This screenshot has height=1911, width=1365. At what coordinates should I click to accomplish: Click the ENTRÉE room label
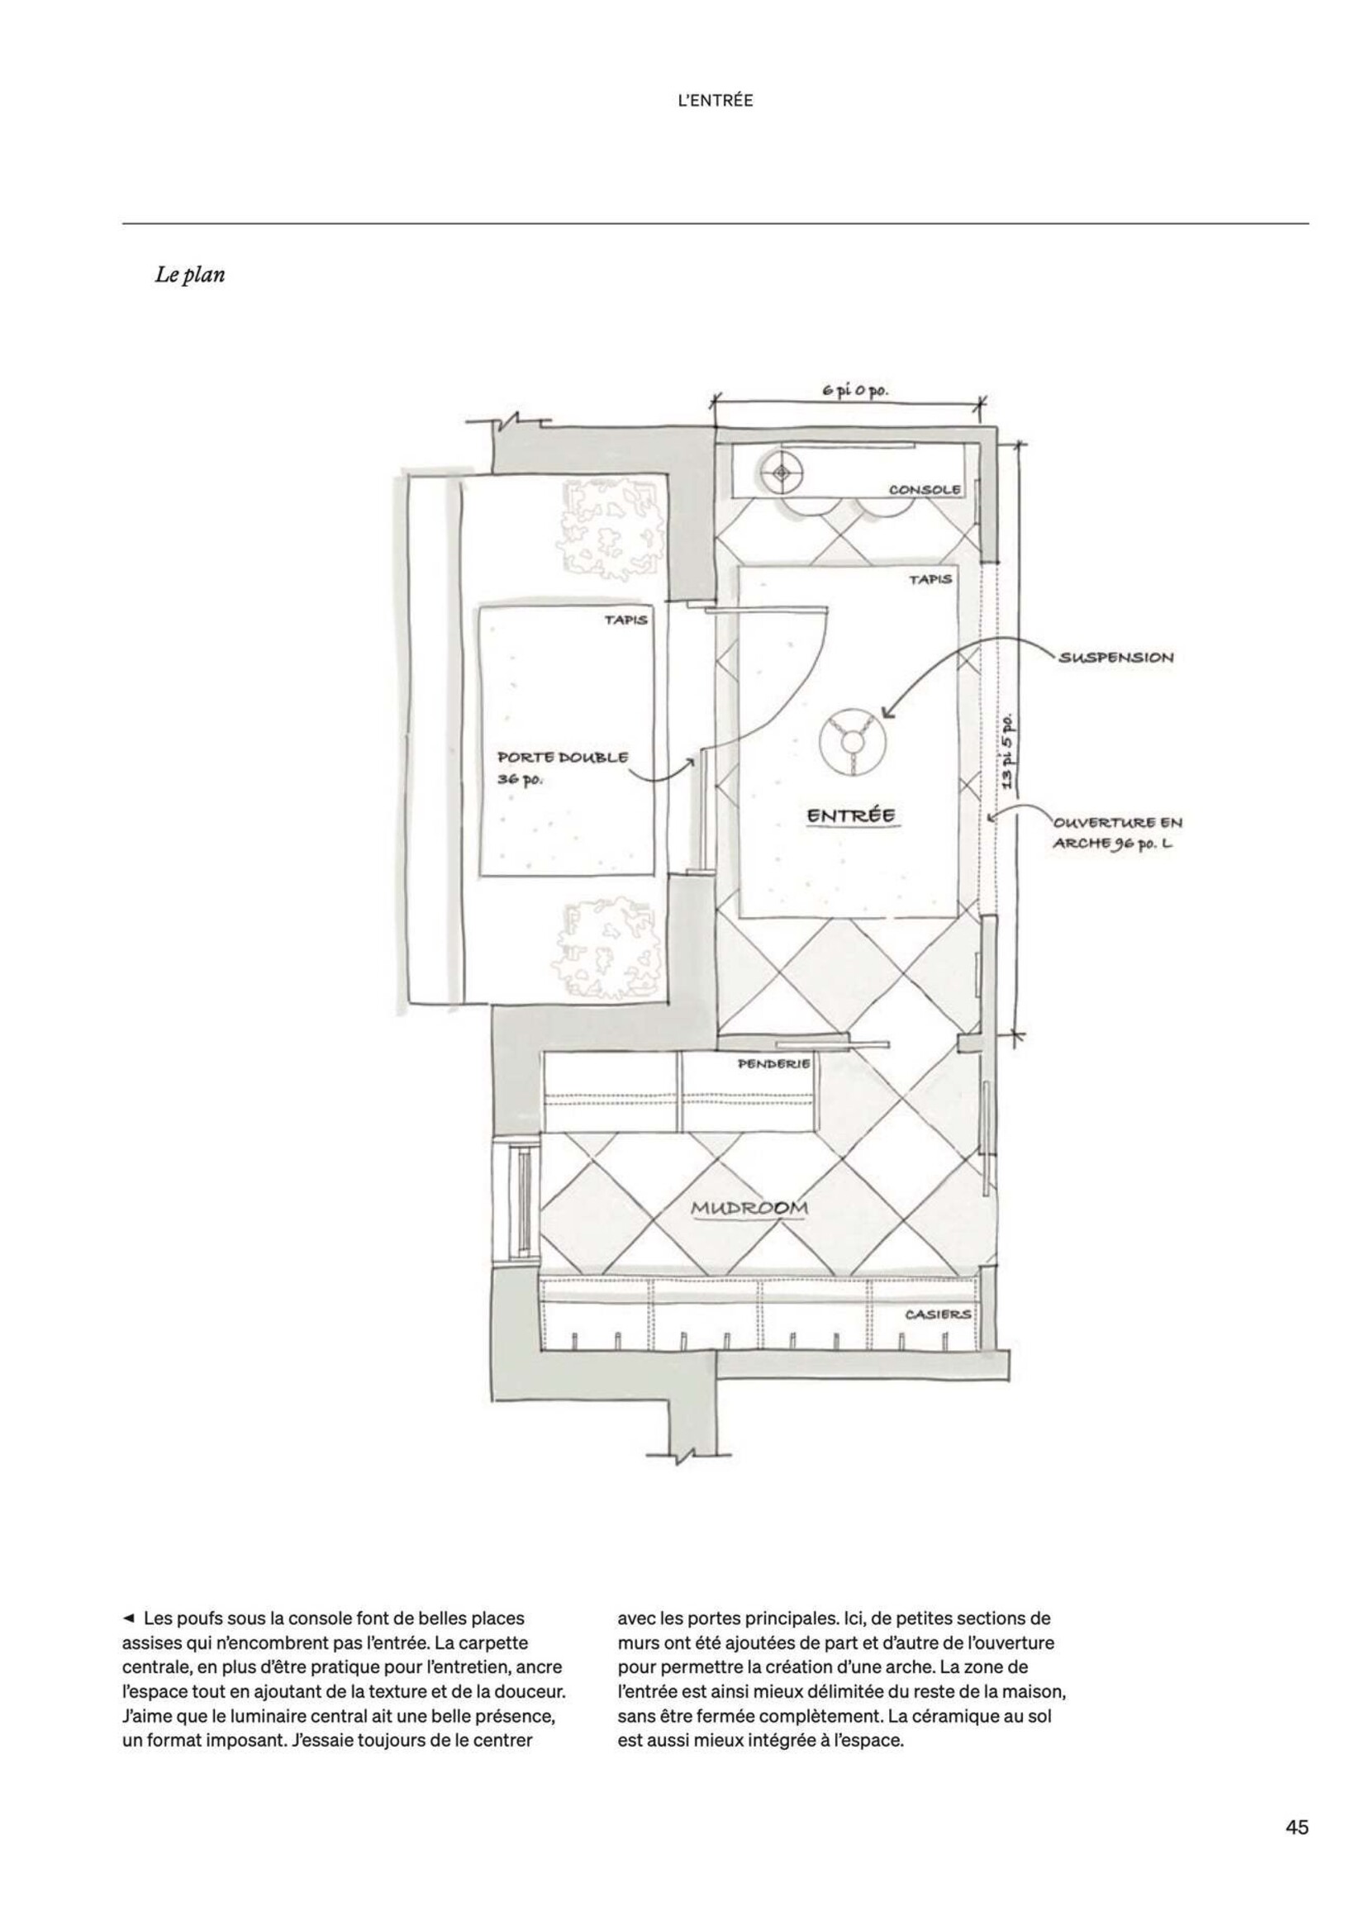tap(850, 815)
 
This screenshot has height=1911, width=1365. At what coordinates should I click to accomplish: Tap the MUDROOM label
tap(749, 1209)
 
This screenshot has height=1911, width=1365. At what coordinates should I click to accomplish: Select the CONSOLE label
tap(924, 489)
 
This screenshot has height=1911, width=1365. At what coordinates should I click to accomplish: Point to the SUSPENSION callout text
tap(1116, 657)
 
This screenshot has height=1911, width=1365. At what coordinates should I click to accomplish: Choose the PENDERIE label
tap(773, 1064)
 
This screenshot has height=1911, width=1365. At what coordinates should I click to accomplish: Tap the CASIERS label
tap(938, 1314)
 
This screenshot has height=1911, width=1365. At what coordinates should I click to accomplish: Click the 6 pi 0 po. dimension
tap(854, 391)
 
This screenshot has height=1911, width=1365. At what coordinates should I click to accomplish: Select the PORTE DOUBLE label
tap(563, 757)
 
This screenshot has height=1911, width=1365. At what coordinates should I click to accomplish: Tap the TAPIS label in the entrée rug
tap(930, 579)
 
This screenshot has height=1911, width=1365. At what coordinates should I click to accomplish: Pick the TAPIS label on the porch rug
tap(625, 620)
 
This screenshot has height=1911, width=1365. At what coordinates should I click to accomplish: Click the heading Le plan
tap(190, 275)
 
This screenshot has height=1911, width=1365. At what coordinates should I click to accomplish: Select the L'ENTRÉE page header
tap(716, 101)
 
